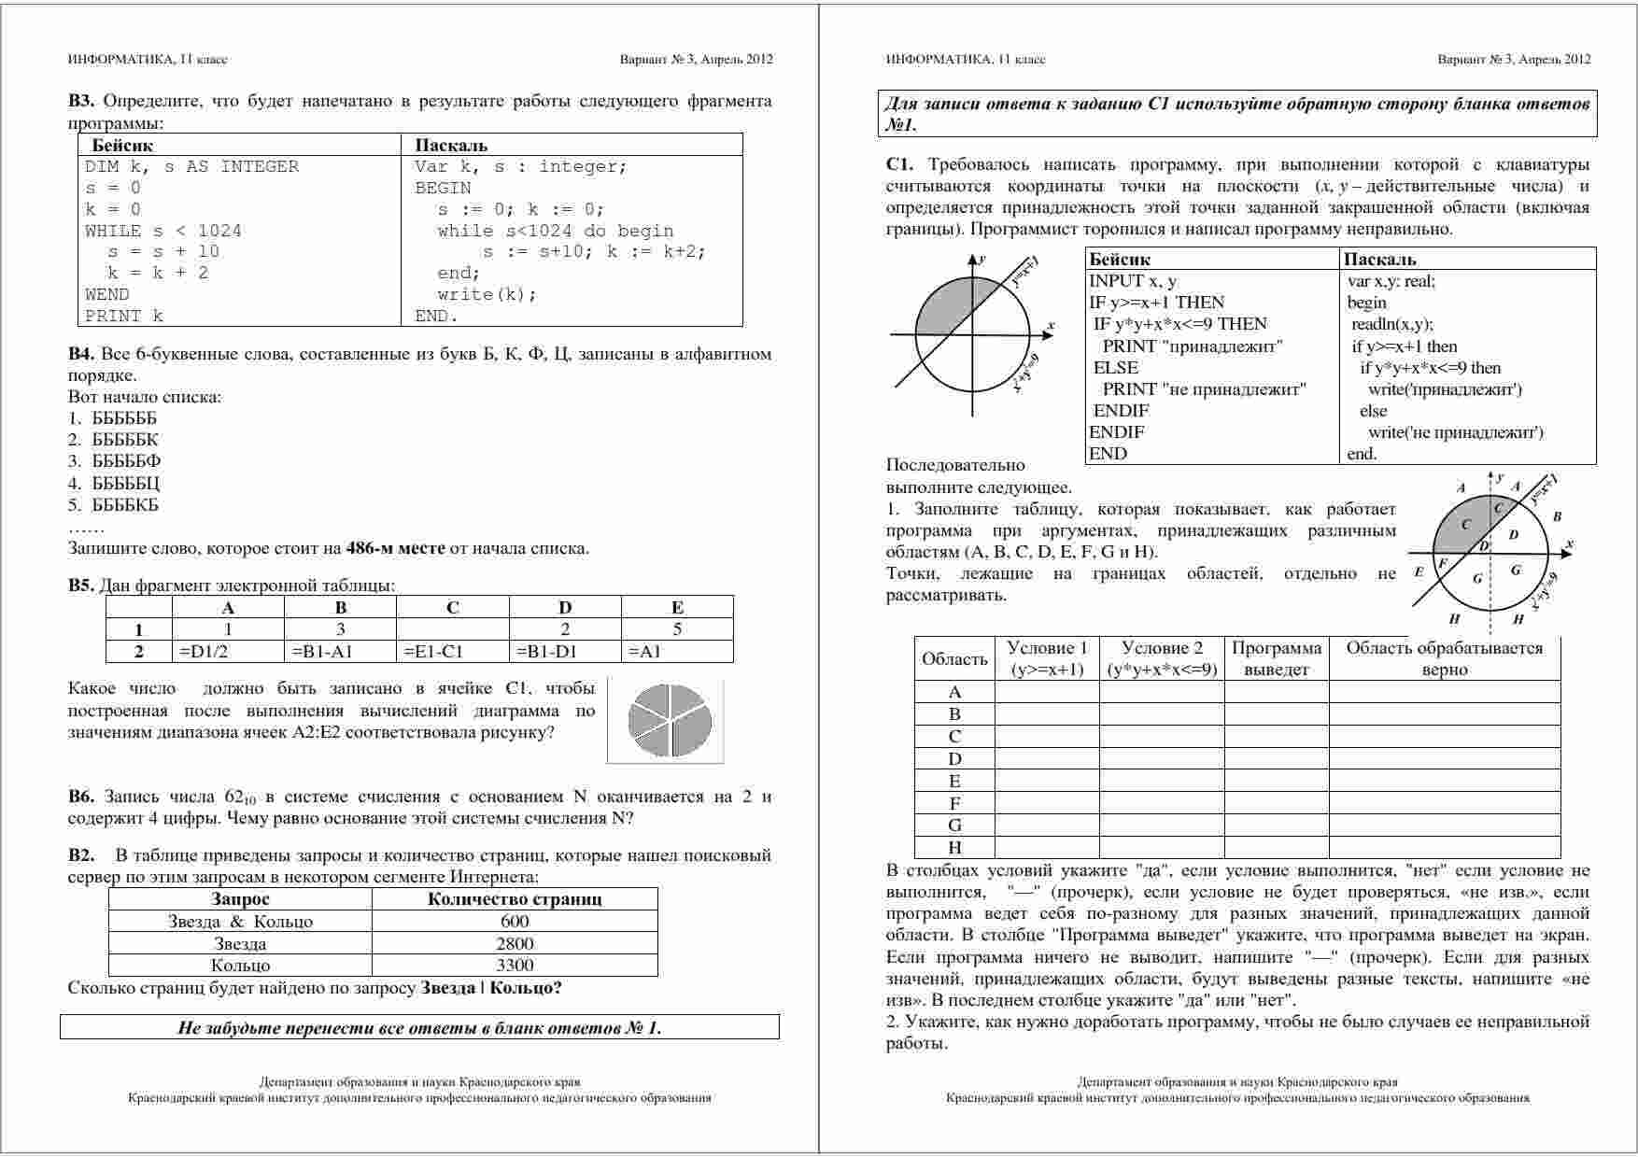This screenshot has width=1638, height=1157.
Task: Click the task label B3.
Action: coord(80,101)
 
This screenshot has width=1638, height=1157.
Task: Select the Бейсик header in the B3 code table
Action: coord(122,146)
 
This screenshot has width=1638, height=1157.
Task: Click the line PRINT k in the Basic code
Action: coord(124,316)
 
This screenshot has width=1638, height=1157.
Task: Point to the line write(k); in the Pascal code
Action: coord(487,294)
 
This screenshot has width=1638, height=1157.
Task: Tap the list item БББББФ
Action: coord(126,461)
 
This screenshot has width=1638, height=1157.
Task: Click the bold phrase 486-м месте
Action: coord(395,548)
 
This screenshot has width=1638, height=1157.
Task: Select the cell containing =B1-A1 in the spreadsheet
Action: coord(321,652)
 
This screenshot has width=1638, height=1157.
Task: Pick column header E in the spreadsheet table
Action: coord(677,607)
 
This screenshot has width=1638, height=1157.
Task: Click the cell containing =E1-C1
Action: coord(433,652)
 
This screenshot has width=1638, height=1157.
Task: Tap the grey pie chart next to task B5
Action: coord(670,720)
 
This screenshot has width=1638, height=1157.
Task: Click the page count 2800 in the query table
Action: coord(515,943)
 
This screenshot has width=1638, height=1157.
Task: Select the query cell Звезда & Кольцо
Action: coord(240,922)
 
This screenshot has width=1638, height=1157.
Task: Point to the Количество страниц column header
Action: coord(515,899)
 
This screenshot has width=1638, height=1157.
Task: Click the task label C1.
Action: coord(899,165)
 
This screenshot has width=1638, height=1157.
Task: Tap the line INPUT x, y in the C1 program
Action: coord(1133,281)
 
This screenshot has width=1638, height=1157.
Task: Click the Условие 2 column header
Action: coord(1162,658)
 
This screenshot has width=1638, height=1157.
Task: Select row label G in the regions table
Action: coord(954,825)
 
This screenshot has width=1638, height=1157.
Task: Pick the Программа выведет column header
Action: coord(1277,658)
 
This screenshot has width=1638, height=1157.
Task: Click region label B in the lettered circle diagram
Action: coord(1557,515)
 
